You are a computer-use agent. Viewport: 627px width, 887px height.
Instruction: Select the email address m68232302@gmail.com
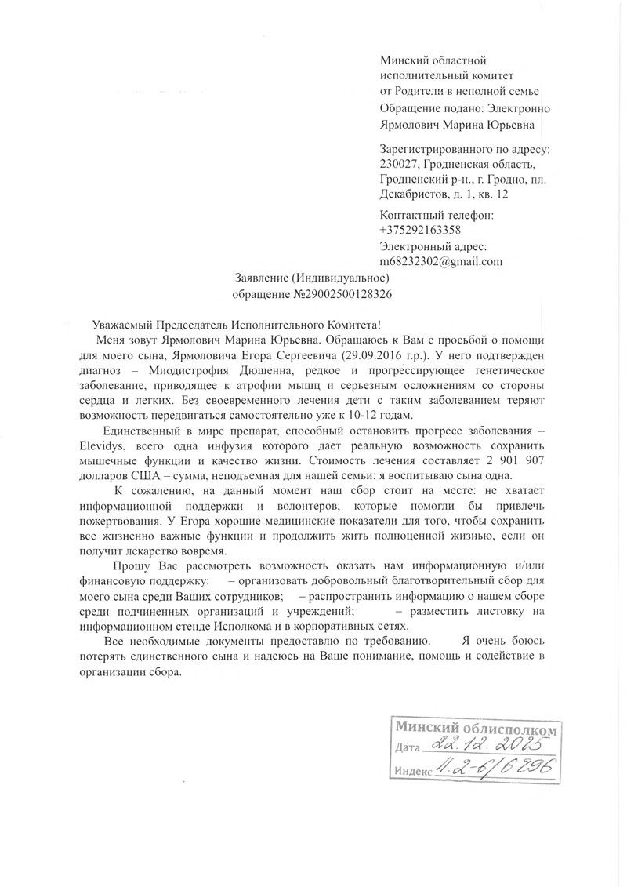(x=440, y=262)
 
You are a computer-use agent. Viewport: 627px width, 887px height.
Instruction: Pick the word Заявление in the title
(x=262, y=278)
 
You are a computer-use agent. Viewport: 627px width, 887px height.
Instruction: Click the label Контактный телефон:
(x=437, y=214)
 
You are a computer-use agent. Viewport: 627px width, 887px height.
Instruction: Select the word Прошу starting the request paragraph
(x=129, y=565)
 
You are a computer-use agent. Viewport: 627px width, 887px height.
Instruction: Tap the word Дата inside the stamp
(x=409, y=747)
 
